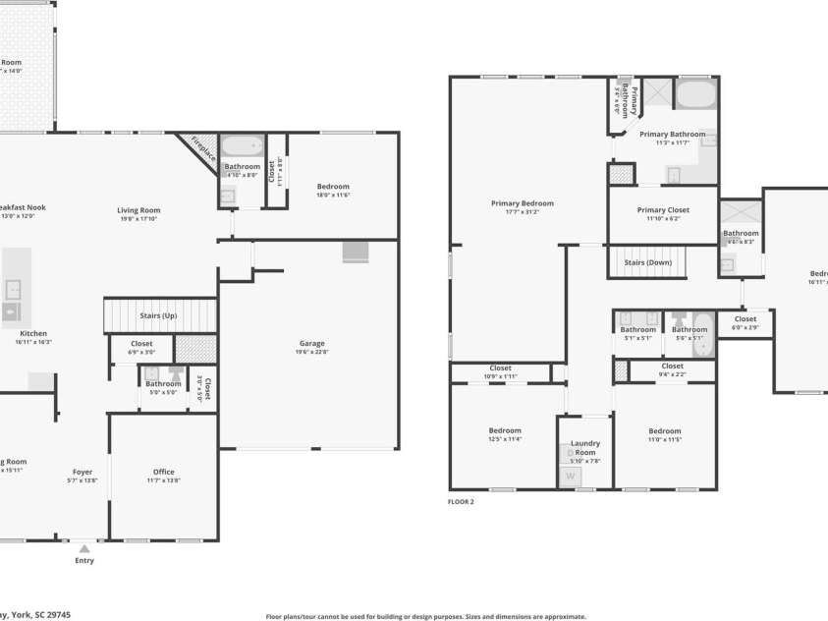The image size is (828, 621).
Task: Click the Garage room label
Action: tap(312, 343)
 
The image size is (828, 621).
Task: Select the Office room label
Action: tap(163, 472)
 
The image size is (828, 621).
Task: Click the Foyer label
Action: tap(83, 472)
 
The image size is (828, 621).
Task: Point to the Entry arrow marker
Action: tap(84, 549)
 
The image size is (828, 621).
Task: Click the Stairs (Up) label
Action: tap(158, 315)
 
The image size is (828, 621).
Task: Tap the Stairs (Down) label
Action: tap(648, 262)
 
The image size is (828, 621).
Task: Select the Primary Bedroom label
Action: tap(523, 203)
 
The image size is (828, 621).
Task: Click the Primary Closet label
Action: tap(663, 209)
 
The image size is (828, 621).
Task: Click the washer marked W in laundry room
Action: tap(570, 478)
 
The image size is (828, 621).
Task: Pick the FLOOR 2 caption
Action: tap(461, 501)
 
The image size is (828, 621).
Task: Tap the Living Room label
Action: tap(138, 209)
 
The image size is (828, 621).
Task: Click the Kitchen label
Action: tap(33, 333)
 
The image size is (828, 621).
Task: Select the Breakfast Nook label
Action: tap(22, 207)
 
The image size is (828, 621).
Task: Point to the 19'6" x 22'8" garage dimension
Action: tap(312, 352)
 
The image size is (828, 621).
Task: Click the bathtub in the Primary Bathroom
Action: tap(695, 95)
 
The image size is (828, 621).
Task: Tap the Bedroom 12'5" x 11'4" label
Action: tap(505, 430)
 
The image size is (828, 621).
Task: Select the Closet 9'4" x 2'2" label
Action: tap(672, 366)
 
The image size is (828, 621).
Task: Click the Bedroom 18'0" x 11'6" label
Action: tap(333, 186)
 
